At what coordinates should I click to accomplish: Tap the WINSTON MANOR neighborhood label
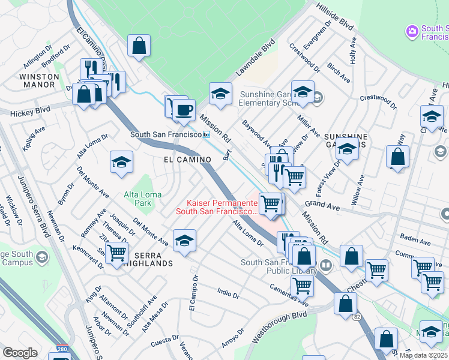[x=39, y=81]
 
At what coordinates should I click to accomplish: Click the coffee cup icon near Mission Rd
[x=184, y=109]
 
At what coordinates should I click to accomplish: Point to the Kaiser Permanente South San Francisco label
[x=217, y=207]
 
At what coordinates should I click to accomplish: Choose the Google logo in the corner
[x=20, y=353]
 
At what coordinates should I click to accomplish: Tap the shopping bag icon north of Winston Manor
[x=139, y=46]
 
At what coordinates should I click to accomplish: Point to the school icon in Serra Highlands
[x=184, y=241]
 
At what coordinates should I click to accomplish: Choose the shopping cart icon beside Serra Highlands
[x=116, y=253]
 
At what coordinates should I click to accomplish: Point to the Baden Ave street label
[x=415, y=243]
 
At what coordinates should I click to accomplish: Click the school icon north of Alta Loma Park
[x=122, y=162]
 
